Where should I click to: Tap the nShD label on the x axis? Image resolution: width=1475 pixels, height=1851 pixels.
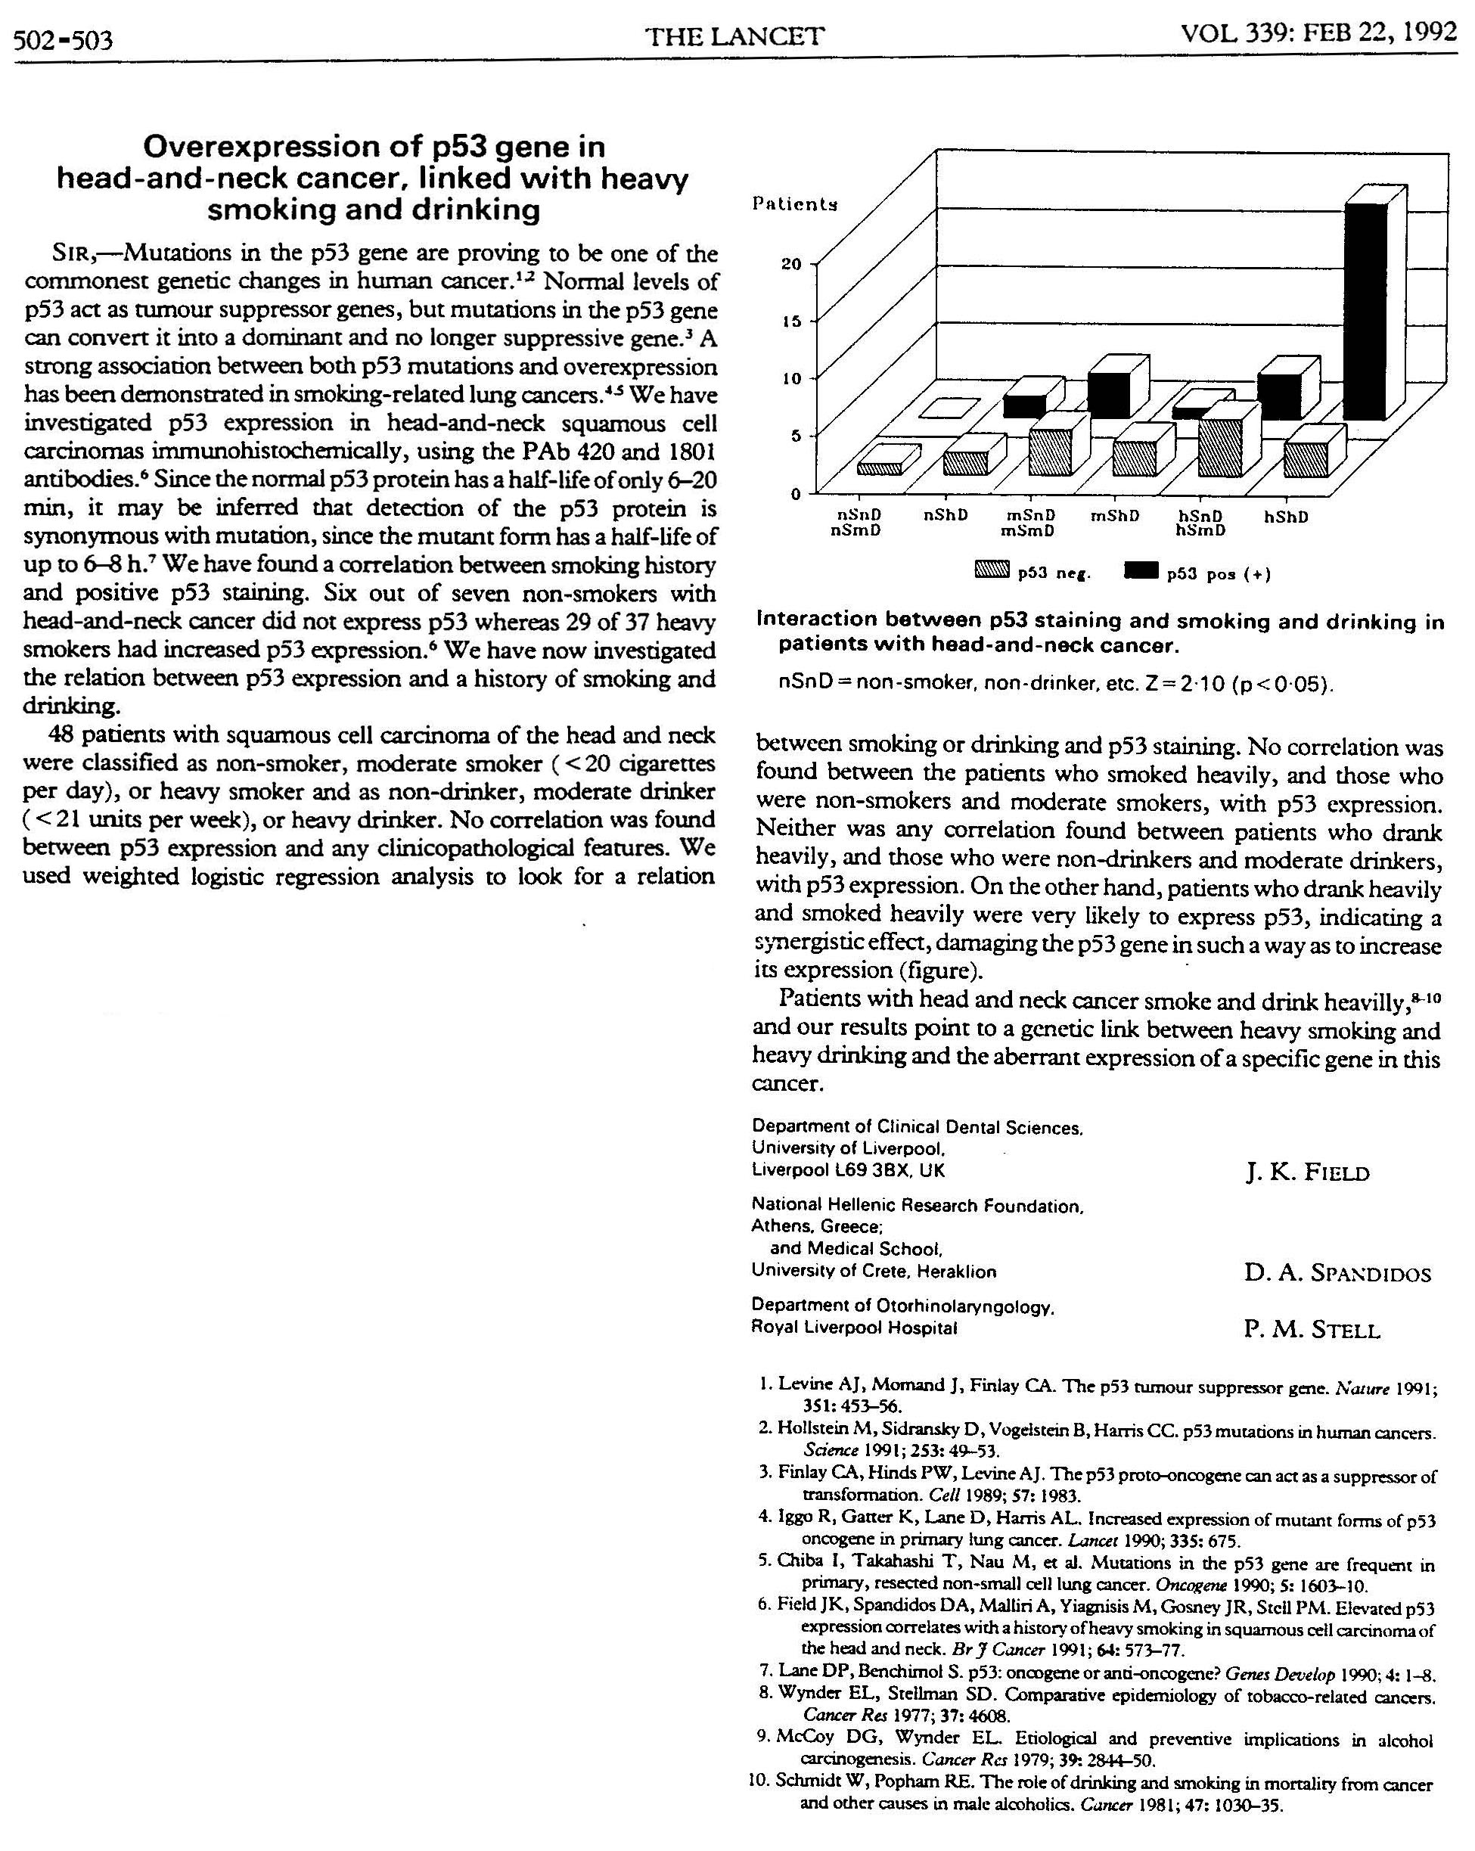(946, 515)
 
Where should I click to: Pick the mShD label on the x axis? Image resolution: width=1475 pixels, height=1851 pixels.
(1114, 516)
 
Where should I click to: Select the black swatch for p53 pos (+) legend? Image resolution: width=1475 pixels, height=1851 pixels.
(1141, 569)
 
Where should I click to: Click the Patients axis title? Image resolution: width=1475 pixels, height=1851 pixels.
(794, 203)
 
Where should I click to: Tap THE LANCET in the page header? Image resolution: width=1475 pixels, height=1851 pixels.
(735, 36)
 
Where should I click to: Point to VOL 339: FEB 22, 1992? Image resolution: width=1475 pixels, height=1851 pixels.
(1318, 33)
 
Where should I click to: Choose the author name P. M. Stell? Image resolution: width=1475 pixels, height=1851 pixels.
(1311, 1330)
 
